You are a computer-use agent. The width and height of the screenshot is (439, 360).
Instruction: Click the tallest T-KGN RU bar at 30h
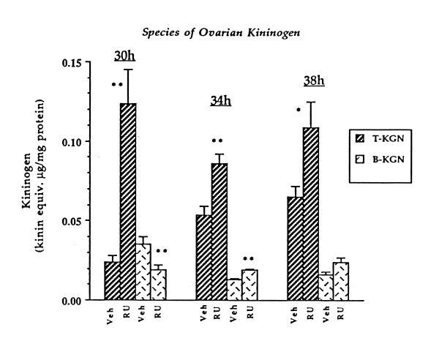[128, 201]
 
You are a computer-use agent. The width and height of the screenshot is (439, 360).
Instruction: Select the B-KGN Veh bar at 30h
[144, 271]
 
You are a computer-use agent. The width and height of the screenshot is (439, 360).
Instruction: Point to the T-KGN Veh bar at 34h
[203, 257]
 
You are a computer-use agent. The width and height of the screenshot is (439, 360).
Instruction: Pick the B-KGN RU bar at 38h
[342, 281]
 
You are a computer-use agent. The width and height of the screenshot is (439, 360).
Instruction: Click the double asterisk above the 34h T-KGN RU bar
[217, 141]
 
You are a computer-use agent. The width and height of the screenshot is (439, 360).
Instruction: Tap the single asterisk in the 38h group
[299, 110]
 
